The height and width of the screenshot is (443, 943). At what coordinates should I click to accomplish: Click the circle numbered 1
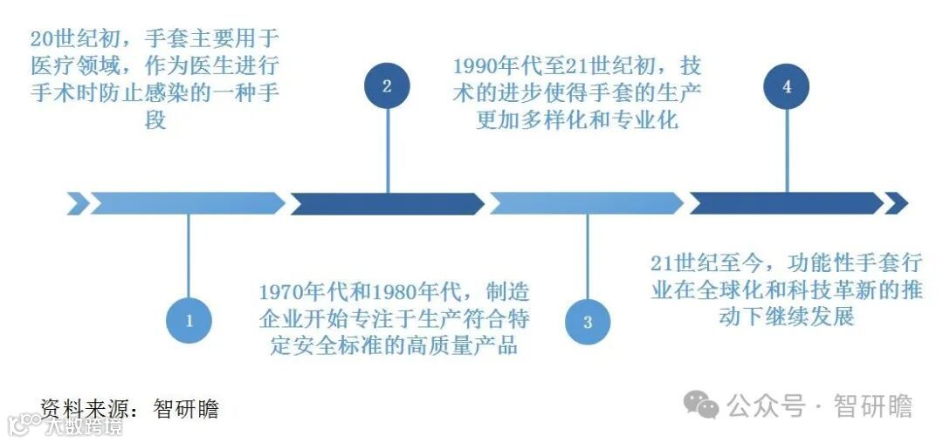(x=189, y=320)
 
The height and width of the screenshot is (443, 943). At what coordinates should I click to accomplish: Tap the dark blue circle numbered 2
(x=387, y=85)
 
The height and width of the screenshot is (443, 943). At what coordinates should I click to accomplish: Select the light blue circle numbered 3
(x=587, y=321)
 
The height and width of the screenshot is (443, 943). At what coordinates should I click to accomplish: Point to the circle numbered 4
(x=787, y=85)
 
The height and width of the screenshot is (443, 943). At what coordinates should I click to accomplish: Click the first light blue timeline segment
(x=188, y=203)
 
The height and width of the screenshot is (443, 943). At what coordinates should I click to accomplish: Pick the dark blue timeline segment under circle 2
(x=387, y=203)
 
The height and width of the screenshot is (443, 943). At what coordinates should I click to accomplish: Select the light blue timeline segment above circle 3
(x=587, y=203)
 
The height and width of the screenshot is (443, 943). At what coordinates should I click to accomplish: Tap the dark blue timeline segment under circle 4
(x=786, y=203)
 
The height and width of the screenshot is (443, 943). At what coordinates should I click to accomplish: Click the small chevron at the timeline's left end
(x=78, y=203)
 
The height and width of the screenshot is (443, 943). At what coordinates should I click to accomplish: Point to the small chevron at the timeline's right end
(x=896, y=203)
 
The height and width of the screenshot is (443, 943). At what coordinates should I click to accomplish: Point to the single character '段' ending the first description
(x=155, y=119)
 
